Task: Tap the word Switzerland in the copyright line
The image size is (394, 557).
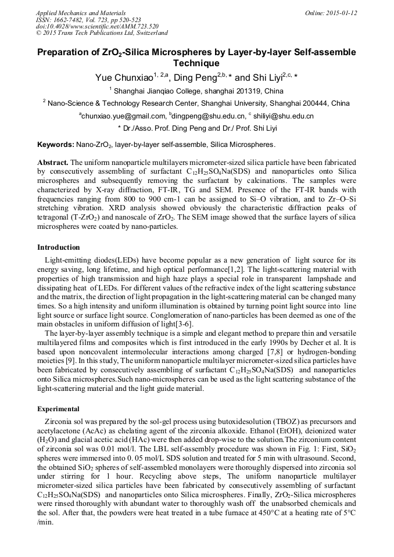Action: point(148,33)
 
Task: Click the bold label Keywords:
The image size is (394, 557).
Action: point(55,144)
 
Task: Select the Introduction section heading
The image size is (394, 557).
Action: point(58,247)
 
